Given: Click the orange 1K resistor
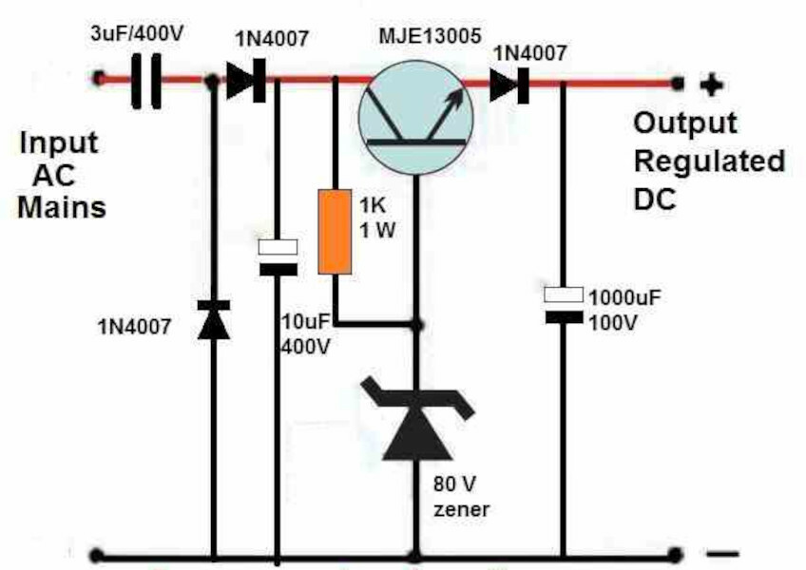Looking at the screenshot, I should (333, 232).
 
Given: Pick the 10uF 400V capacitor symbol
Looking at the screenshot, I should (278, 256).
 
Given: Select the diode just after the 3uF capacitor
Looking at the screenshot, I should (244, 83).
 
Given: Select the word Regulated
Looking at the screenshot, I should (709, 161).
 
